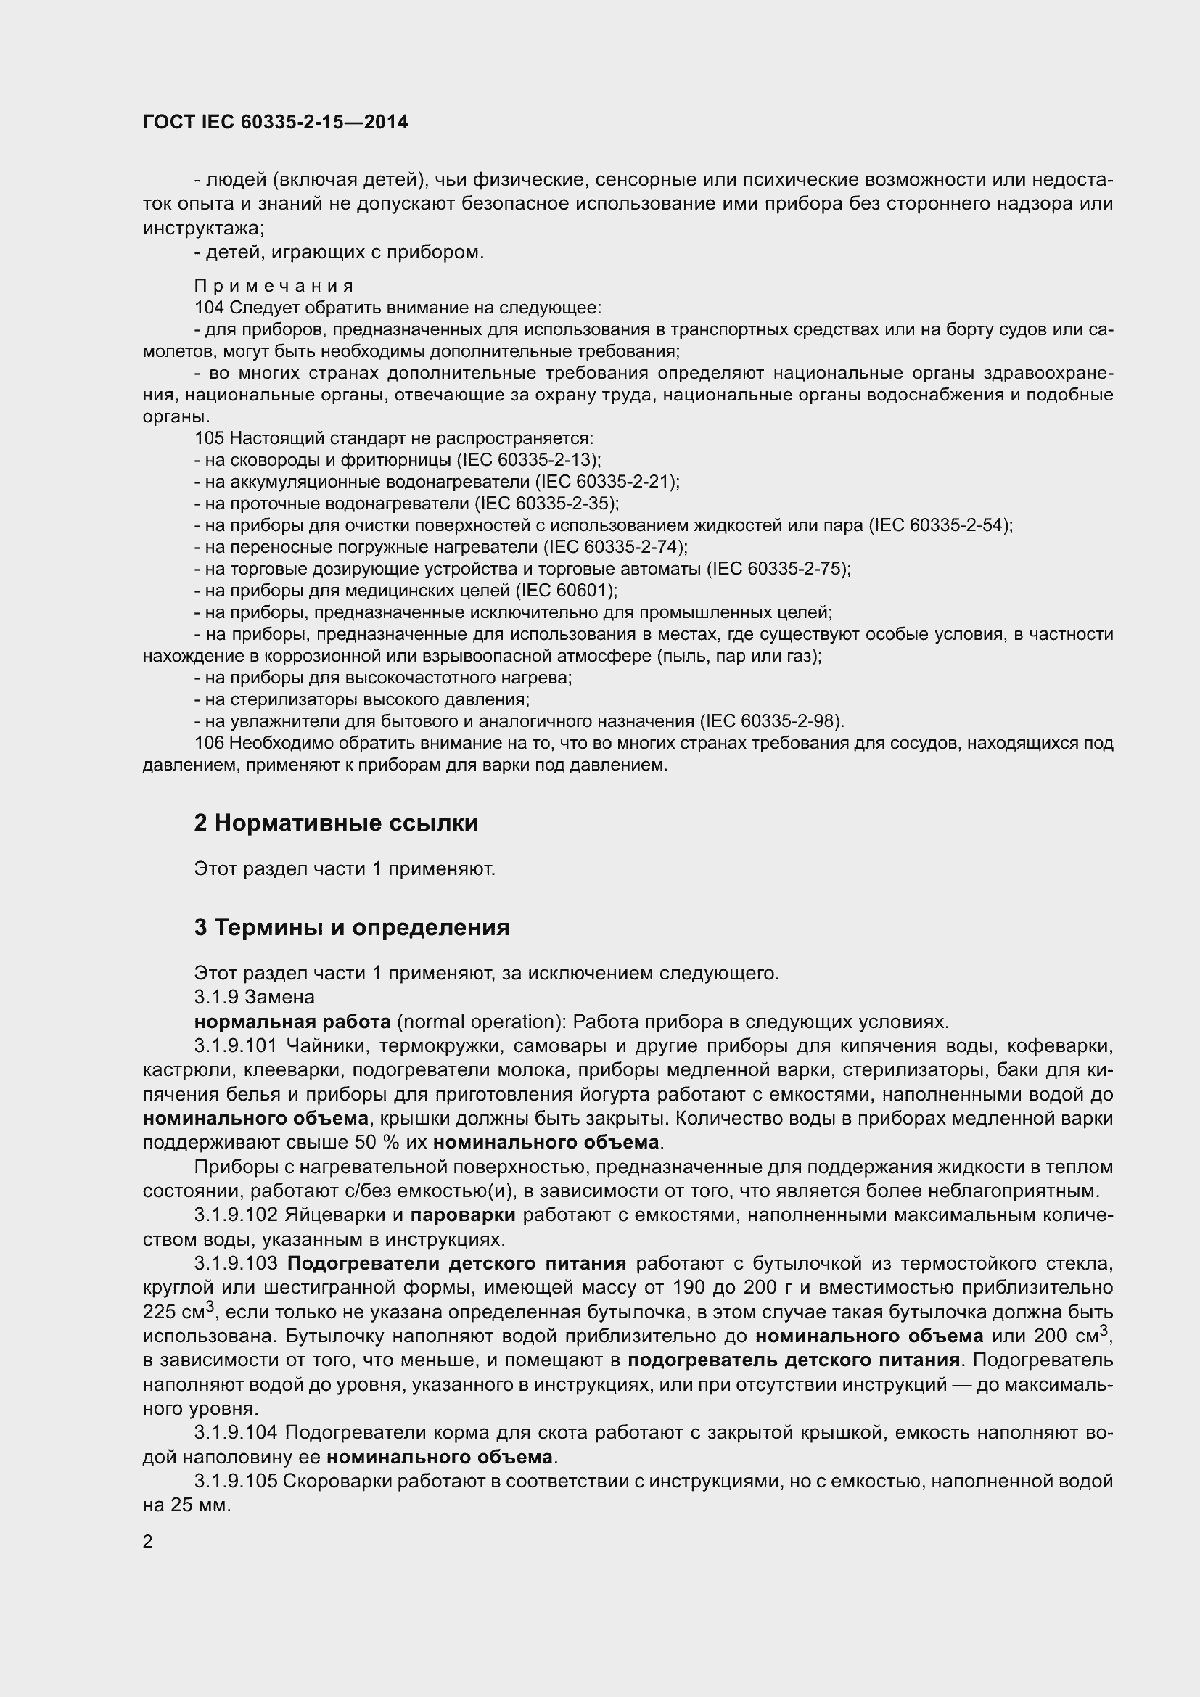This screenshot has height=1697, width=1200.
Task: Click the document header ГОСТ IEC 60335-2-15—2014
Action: [275, 122]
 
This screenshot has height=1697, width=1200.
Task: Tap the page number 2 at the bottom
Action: [148, 1541]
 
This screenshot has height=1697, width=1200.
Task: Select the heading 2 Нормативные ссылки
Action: [336, 823]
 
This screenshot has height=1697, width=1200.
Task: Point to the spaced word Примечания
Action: [274, 286]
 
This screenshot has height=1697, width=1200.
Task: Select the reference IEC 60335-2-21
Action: [607, 482]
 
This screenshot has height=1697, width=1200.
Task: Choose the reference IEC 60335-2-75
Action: [778, 569]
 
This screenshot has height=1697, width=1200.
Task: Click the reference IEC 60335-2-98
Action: [772, 720]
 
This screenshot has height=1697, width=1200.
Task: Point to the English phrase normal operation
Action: [479, 1022]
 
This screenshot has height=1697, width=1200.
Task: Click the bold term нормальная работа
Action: [292, 1022]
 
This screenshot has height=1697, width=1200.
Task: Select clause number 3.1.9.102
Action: [236, 1215]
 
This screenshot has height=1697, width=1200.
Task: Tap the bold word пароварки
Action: [463, 1215]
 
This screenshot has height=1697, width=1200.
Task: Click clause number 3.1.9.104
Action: [236, 1432]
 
